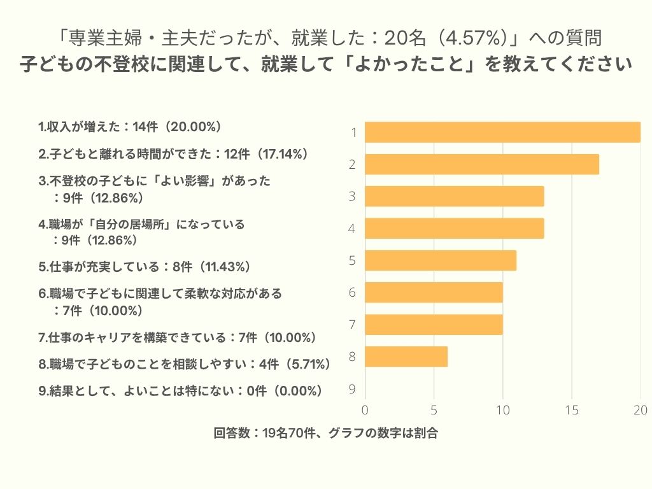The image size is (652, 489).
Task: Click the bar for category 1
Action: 502,132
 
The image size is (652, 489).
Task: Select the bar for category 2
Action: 482,164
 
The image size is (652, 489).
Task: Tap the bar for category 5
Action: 441,260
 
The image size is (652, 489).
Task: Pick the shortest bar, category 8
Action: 406,357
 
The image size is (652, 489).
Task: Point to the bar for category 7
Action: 434,325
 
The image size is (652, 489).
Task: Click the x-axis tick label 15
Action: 572,410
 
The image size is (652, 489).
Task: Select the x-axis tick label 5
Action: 434,410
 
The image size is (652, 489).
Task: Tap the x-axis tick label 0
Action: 365,410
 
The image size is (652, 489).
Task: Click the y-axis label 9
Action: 352,389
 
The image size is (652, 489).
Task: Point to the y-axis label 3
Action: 352,197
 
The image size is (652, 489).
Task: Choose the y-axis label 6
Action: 352,293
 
